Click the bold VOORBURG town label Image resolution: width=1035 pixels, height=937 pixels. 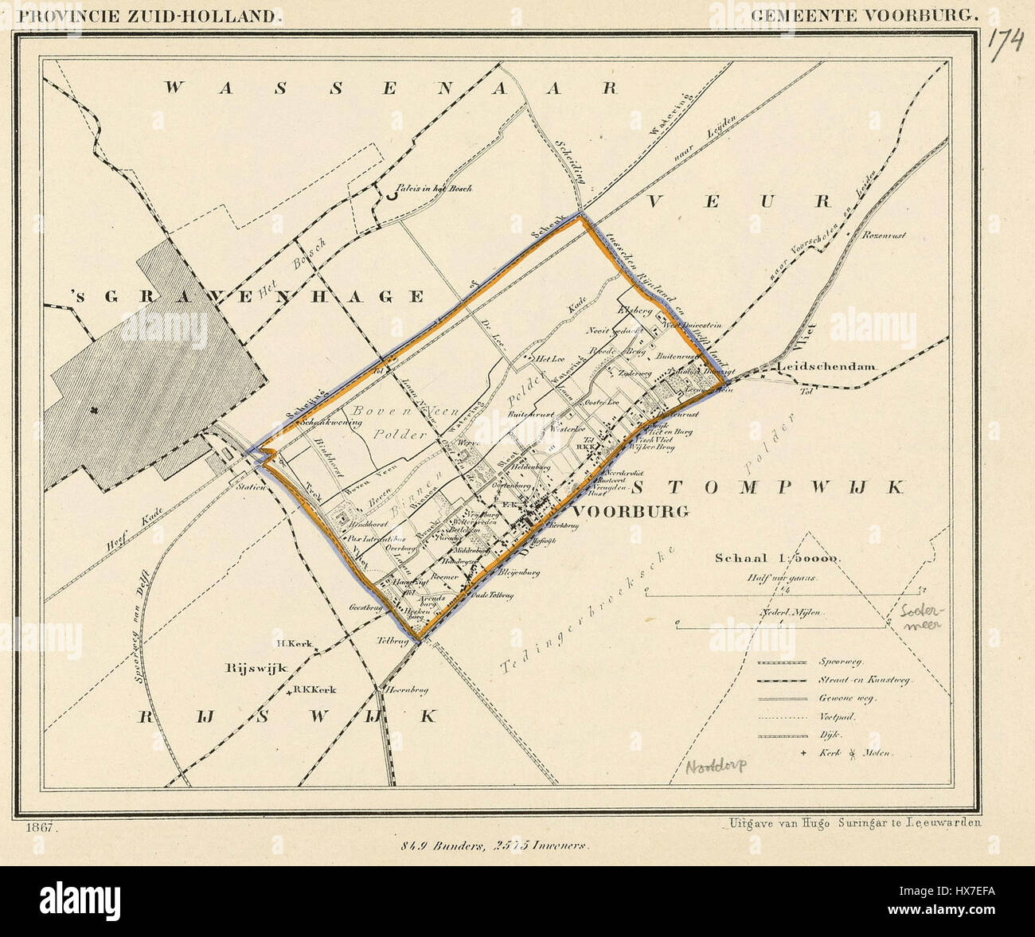tap(631, 512)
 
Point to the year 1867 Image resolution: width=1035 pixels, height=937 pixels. tap(37, 828)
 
